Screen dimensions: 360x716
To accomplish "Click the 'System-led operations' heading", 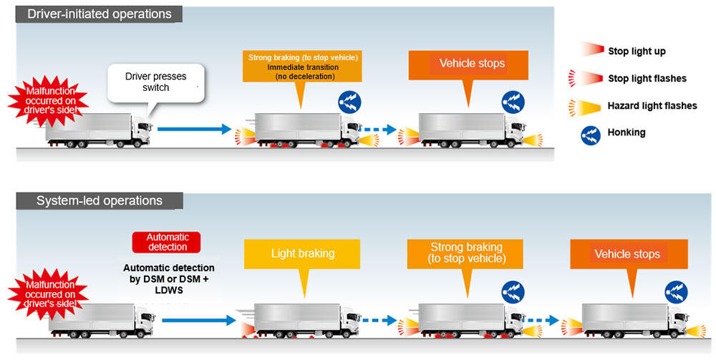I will point(100,201).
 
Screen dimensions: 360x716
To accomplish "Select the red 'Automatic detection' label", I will point(167,242).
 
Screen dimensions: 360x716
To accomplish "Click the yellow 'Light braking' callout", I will point(302,253).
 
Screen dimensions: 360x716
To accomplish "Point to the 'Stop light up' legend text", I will point(637,52).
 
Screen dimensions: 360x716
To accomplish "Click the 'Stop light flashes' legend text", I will point(647,79).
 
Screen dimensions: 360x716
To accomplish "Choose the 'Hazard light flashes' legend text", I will point(652,106).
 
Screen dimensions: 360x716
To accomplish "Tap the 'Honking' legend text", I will point(626,132).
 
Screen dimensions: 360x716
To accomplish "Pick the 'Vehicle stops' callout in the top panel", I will point(471,64).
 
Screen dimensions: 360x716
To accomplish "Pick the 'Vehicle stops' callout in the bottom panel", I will point(627,254).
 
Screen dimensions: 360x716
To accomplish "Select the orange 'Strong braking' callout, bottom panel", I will point(465,253).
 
